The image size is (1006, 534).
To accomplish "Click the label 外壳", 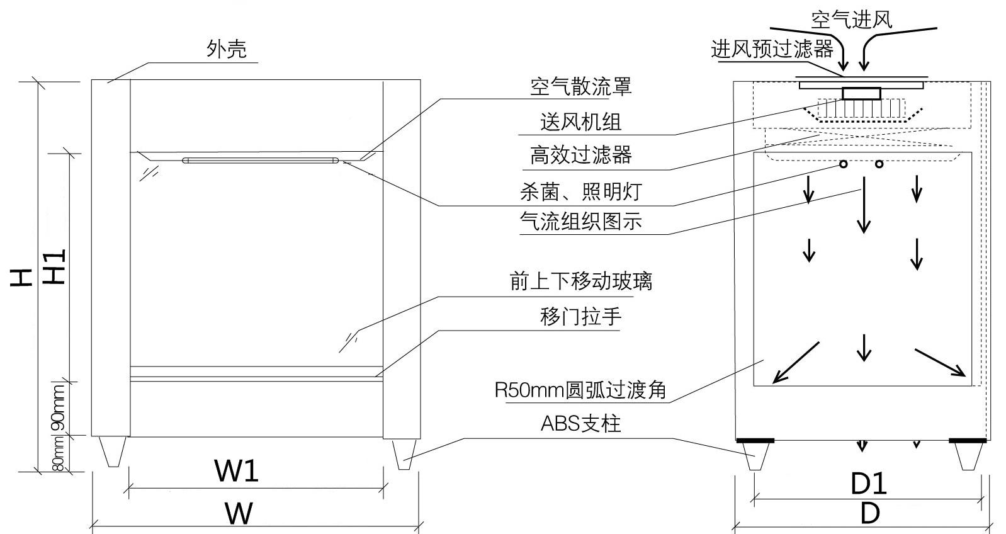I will pyautogui.click(x=227, y=49).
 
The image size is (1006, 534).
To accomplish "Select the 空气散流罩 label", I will pyautogui.click(x=580, y=86).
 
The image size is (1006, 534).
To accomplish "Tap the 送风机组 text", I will pyautogui.click(x=580, y=122).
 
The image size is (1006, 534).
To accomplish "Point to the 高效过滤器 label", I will pyautogui.click(x=580, y=154).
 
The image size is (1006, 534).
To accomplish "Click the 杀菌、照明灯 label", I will pyautogui.click(x=580, y=191).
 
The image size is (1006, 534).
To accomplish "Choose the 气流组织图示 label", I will pyautogui.click(x=580, y=221).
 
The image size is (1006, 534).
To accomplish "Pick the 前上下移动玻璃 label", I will pyautogui.click(x=580, y=281).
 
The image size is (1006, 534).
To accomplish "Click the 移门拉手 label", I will pyautogui.click(x=580, y=316).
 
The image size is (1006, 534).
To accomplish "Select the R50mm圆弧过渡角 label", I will pyautogui.click(x=580, y=390).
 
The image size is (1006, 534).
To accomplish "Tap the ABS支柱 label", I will pyautogui.click(x=580, y=424).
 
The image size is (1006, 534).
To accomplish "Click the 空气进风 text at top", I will pyautogui.click(x=851, y=19).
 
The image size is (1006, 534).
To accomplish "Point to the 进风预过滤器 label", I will pyautogui.click(x=772, y=48).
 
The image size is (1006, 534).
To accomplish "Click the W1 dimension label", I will pyautogui.click(x=236, y=470).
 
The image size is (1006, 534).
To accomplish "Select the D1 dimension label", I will pyautogui.click(x=869, y=484).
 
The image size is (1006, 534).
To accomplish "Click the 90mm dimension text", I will pyautogui.click(x=59, y=408).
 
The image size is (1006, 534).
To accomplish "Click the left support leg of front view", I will pyautogui.click(x=113, y=452).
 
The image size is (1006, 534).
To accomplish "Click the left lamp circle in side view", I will pyautogui.click(x=843, y=164).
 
